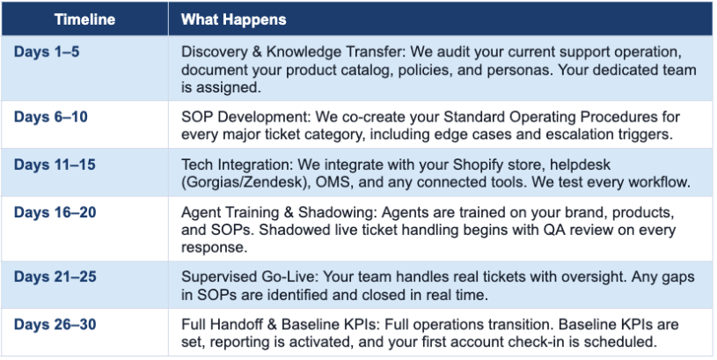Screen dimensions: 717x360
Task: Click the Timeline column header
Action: (x=84, y=19)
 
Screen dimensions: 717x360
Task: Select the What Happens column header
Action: (x=234, y=19)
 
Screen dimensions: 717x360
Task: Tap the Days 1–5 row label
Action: (x=47, y=52)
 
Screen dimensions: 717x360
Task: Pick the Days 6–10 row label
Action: (x=51, y=117)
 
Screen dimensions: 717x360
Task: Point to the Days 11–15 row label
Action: (x=55, y=165)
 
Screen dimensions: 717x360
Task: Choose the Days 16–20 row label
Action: (x=55, y=212)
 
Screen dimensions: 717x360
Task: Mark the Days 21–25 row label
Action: (x=55, y=276)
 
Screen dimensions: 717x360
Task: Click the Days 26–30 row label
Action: (x=55, y=324)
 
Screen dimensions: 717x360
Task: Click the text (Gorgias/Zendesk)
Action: (x=244, y=182)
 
